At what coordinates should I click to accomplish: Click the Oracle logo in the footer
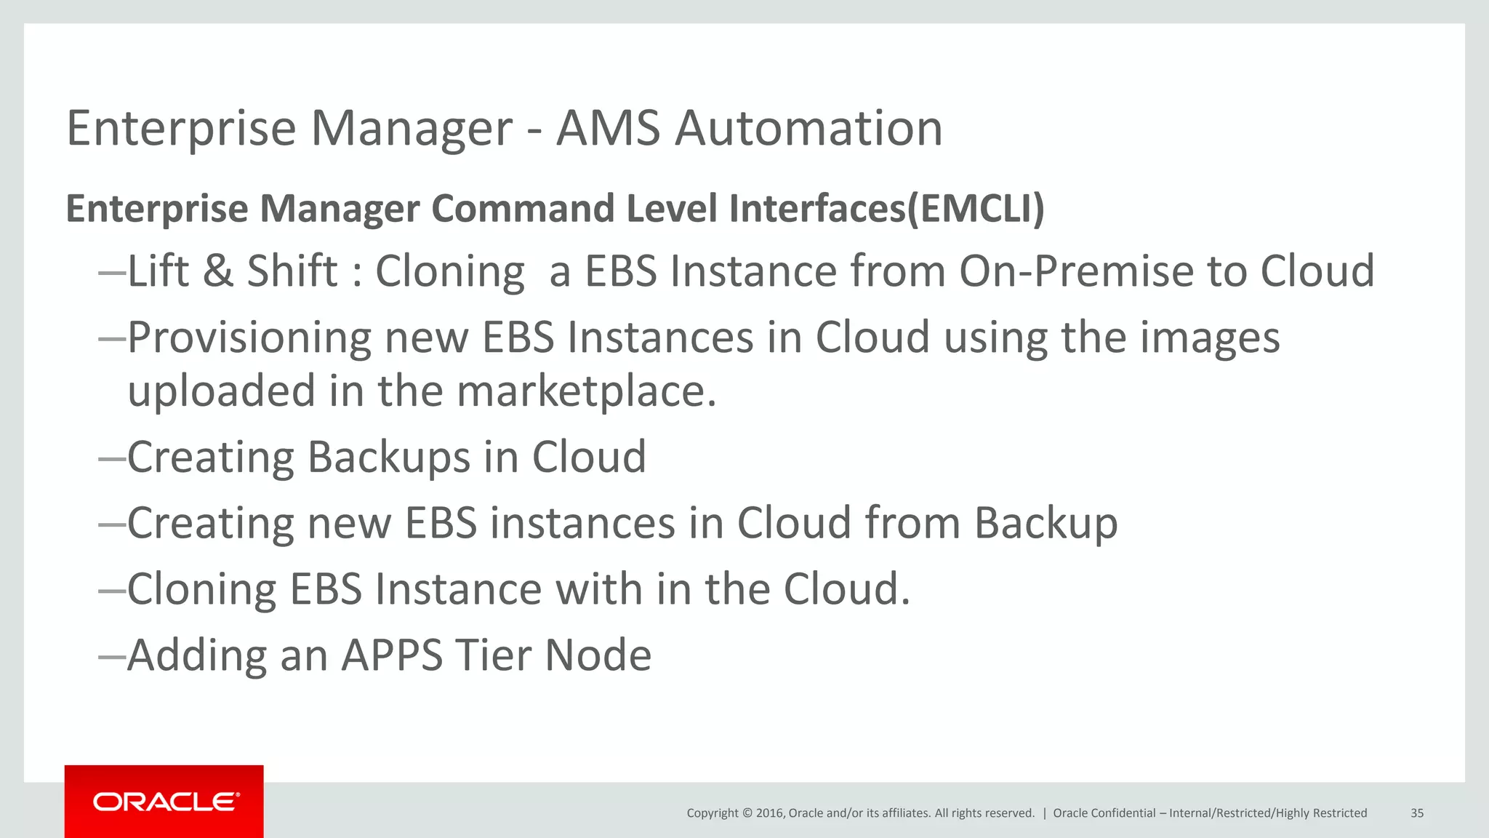tap(165, 802)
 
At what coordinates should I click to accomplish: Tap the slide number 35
tap(1417, 813)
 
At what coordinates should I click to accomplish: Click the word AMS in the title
tap(608, 128)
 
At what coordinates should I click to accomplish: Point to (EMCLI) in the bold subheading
tap(976, 209)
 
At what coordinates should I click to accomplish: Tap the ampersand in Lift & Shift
tap(218, 271)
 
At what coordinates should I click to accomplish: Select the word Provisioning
tap(249, 338)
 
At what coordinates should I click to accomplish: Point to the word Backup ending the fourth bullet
tap(1045, 524)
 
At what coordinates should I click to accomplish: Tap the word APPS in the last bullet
tap(392, 655)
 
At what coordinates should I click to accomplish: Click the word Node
tap(598, 655)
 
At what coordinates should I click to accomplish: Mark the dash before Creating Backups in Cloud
tap(112, 458)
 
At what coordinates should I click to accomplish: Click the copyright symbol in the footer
tap(746, 813)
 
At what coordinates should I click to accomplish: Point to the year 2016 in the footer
tap(769, 813)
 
